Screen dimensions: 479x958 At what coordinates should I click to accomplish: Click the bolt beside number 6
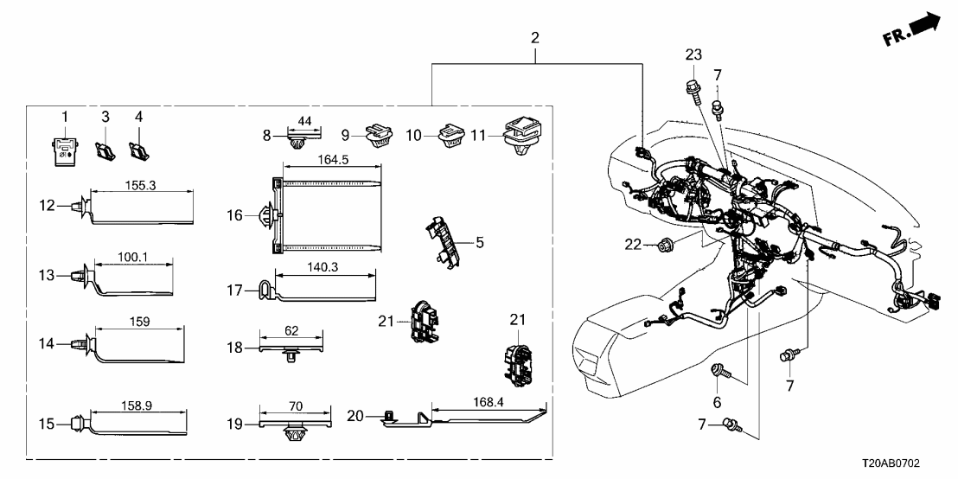coord(719,374)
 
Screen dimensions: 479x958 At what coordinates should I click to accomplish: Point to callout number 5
coord(480,241)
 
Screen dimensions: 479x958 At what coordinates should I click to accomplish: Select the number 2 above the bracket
coord(535,38)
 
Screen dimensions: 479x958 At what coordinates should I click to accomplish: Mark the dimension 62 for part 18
coord(291,329)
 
